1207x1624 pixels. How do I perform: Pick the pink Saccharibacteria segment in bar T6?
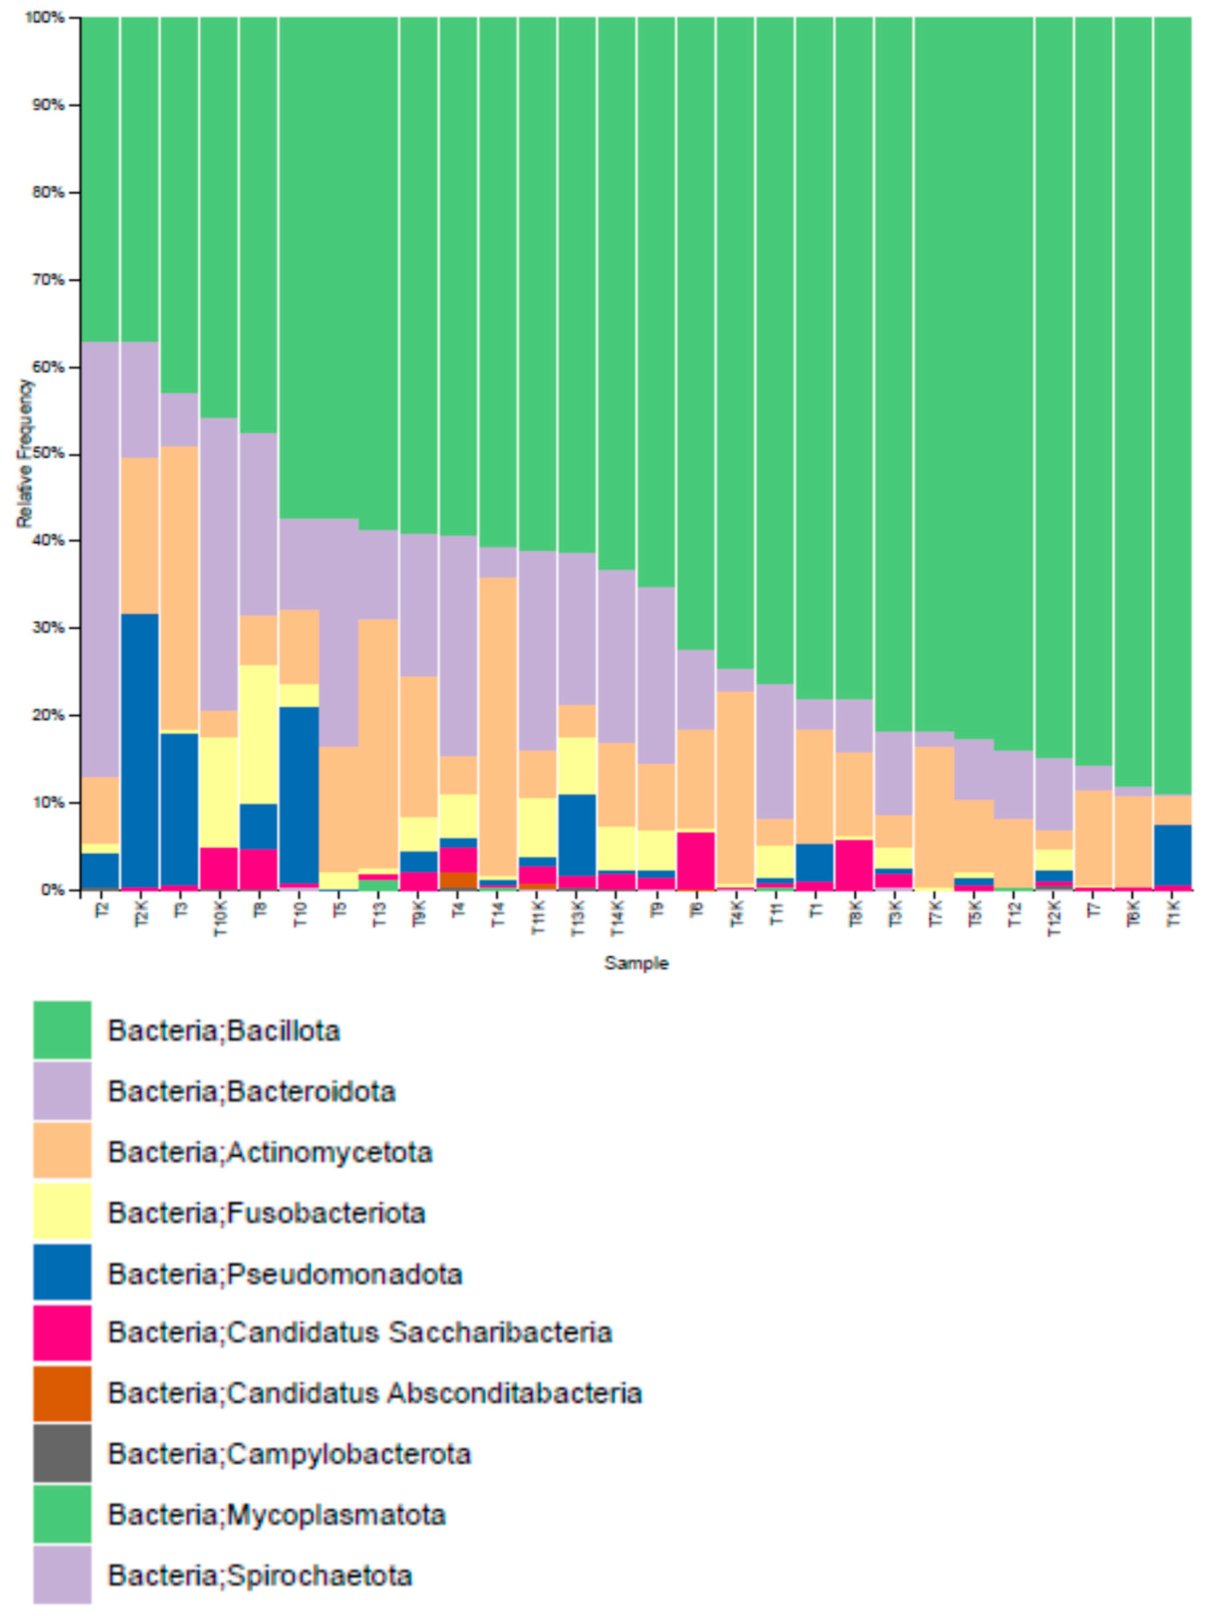(696, 860)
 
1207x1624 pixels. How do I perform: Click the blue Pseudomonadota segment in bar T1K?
(1173, 855)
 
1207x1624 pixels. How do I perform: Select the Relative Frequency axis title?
(25, 453)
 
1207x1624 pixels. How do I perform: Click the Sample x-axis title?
(635, 963)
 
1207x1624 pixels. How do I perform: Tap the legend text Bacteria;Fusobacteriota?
(267, 1212)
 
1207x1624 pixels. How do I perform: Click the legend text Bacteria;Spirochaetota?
(260, 1574)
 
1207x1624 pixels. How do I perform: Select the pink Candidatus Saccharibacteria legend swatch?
(62, 1332)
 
